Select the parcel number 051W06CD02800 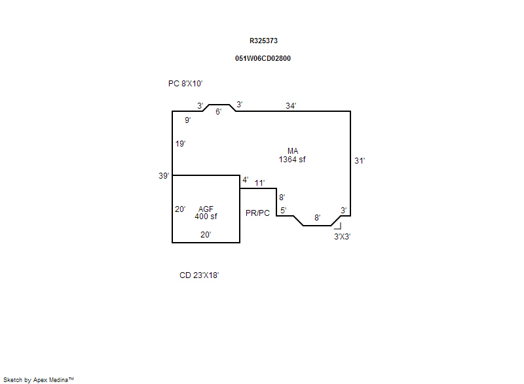[x=263, y=58]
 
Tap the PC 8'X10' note [x=185, y=84]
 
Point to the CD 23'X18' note [x=199, y=275]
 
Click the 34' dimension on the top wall [x=291, y=105]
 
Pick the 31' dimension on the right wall [x=360, y=160]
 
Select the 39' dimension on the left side [x=164, y=175]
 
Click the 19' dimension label [x=180, y=144]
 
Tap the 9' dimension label [x=187, y=120]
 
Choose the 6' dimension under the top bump [x=219, y=112]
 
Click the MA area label [x=292, y=151]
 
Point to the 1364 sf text [x=292, y=160]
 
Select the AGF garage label [x=206, y=209]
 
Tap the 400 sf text [x=206, y=217]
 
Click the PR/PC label [x=257, y=213]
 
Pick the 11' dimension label [x=259, y=183]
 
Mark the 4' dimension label [x=245, y=180]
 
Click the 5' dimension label [x=283, y=211]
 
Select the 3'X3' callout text [x=342, y=237]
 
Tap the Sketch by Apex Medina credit [x=39, y=379]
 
